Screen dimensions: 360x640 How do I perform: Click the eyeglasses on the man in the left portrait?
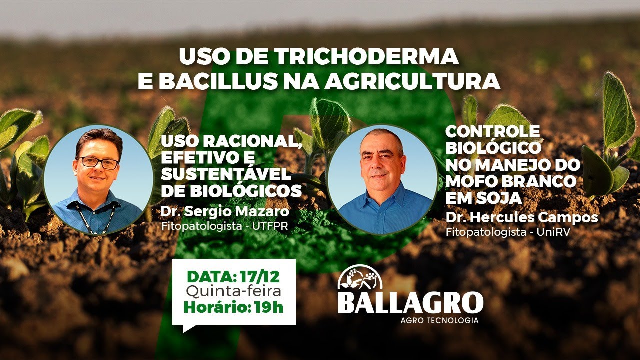coord(98,162)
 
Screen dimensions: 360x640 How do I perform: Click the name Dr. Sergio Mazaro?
coord(225,212)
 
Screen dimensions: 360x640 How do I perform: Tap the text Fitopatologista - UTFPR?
coord(225,226)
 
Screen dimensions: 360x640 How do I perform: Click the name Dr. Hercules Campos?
coord(521,218)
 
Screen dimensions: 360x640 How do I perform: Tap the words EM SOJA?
coord(483,198)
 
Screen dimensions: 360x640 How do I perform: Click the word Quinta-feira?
coord(233,290)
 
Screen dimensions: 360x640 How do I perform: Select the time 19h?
coord(268,306)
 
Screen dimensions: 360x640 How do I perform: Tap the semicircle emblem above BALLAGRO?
coord(360,277)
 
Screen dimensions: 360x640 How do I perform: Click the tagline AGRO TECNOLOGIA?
coord(439,320)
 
